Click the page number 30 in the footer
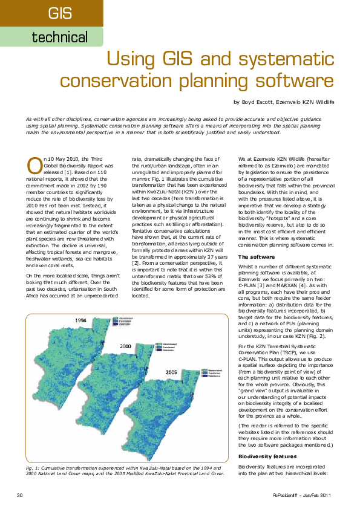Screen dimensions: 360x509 20,495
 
